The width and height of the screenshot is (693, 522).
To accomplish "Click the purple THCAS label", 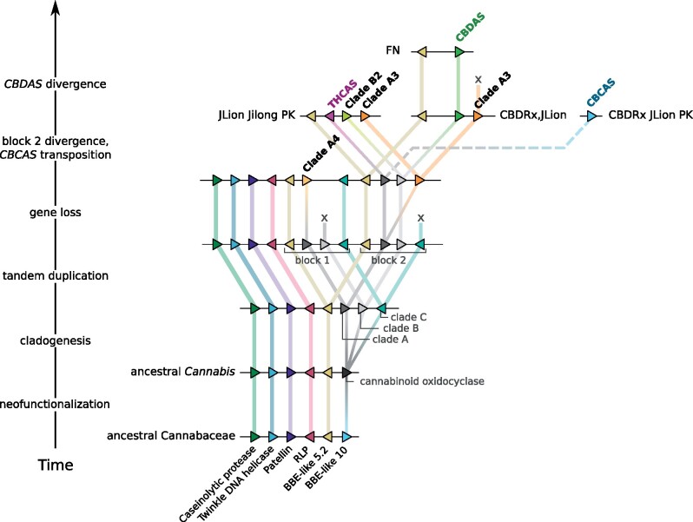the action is (x=342, y=94).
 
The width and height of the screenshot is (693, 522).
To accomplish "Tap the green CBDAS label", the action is (x=471, y=28).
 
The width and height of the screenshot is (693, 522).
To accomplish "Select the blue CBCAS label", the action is (x=601, y=92).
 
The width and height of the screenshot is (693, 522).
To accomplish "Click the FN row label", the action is (x=393, y=50).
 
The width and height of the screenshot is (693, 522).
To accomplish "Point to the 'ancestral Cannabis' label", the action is (x=182, y=372).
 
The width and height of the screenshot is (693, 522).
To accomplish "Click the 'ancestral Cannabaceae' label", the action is (x=171, y=436).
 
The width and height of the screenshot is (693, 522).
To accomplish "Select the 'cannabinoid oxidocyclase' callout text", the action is (x=422, y=381).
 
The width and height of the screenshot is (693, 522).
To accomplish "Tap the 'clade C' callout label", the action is (x=409, y=317).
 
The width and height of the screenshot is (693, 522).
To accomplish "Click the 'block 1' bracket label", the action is (x=312, y=261).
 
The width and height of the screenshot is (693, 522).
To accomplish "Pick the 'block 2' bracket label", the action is (x=388, y=261).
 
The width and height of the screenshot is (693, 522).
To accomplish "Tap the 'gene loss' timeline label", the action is (x=56, y=213).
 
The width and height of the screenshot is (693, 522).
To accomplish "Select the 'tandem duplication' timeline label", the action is (x=56, y=276).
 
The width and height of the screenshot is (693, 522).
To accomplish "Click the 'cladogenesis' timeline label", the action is (x=56, y=340).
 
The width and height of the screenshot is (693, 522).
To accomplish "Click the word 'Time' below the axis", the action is (x=56, y=465).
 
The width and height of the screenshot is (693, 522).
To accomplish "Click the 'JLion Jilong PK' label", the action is (x=256, y=116).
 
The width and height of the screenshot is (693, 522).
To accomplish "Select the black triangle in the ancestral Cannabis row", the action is (x=347, y=372).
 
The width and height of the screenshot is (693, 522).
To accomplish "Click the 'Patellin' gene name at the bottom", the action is (x=278, y=460).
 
